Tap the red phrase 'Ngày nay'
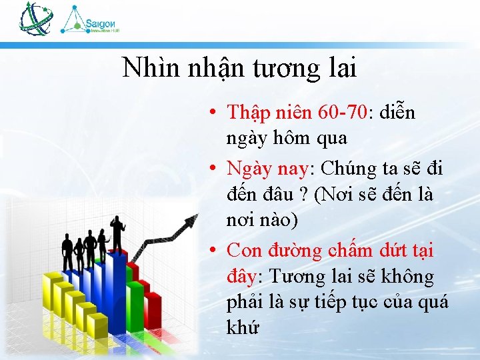pyautogui.click(x=267, y=169)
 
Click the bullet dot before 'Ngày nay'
pyautogui.click(x=210, y=169)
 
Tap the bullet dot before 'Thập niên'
pyautogui.click(x=210, y=113)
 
